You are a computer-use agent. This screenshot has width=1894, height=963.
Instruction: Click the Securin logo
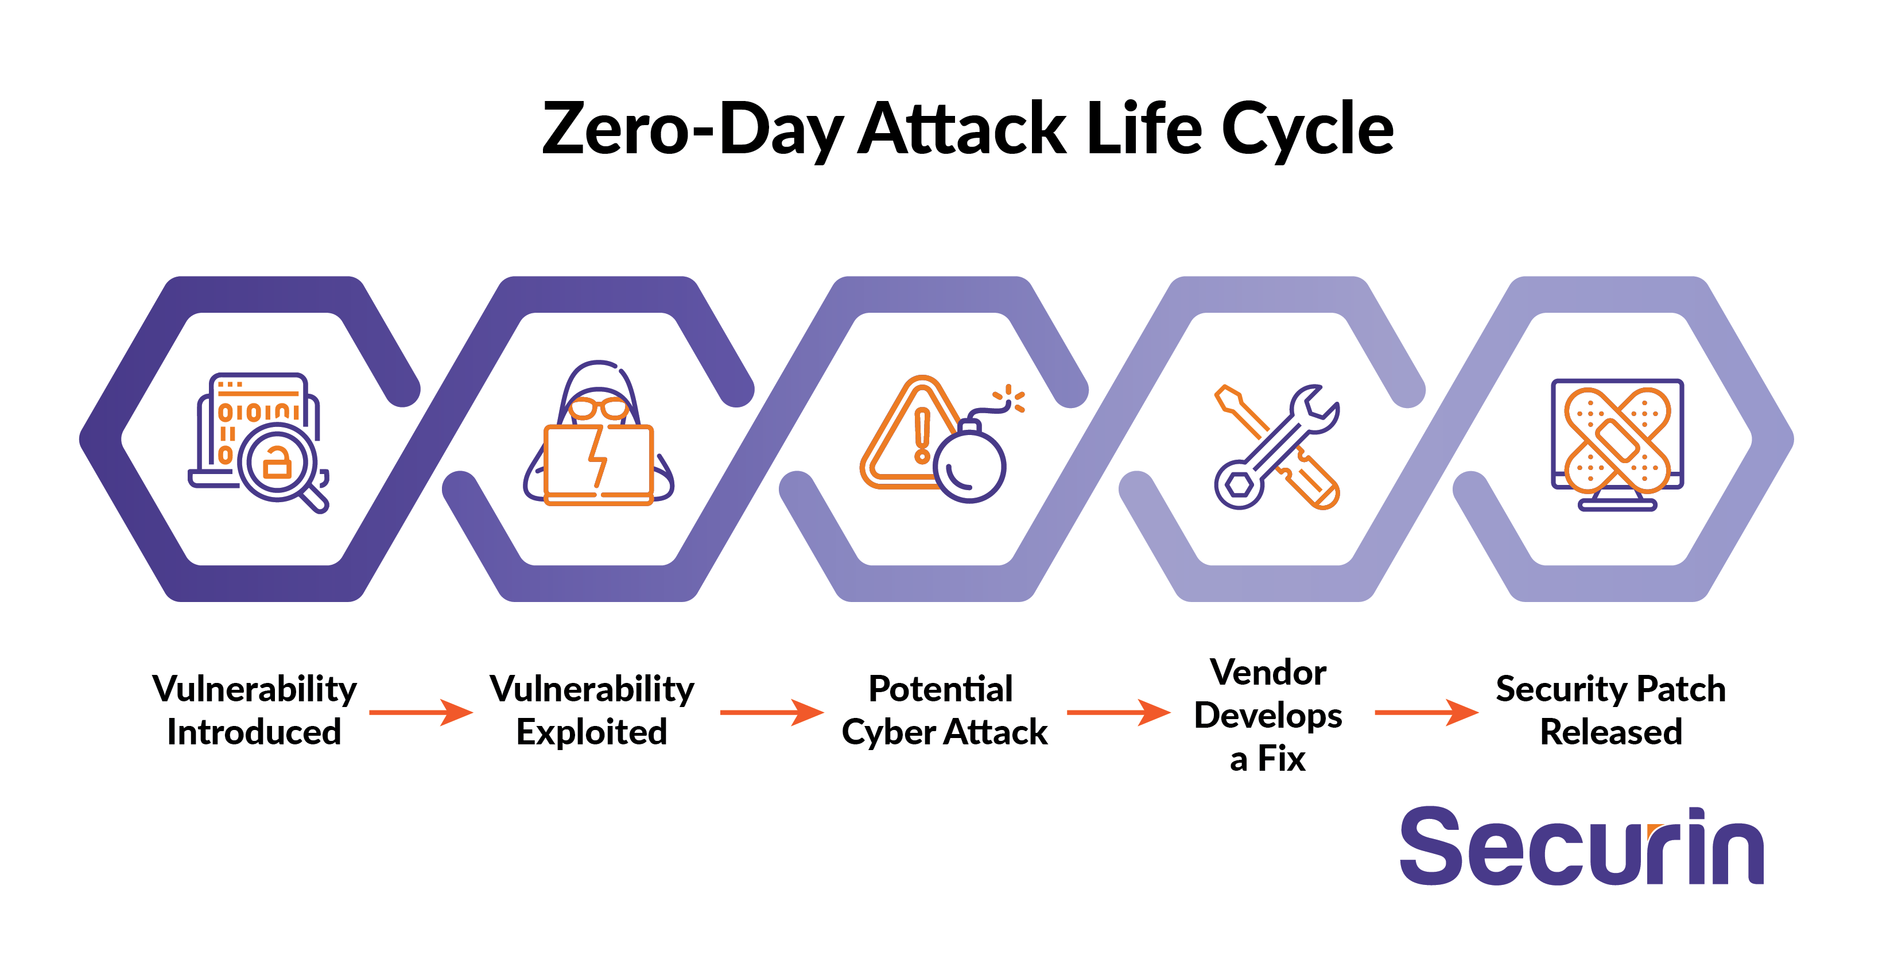click(x=1582, y=846)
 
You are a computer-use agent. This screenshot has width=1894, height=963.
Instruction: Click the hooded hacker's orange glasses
click(x=599, y=408)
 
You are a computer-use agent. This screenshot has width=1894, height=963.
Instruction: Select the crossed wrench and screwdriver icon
click(x=1277, y=447)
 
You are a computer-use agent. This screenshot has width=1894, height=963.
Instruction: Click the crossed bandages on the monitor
click(x=1617, y=440)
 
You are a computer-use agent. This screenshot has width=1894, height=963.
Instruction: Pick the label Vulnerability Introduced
click(x=254, y=710)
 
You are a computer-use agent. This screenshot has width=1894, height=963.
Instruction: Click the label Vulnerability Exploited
click(x=592, y=710)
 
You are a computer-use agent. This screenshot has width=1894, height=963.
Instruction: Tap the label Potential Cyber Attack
click(x=944, y=710)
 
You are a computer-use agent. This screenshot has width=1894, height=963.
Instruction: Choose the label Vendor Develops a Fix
click(x=1268, y=715)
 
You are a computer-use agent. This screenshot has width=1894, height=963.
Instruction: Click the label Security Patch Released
click(x=1611, y=710)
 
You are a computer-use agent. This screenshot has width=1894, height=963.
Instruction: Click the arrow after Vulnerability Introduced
click(x=421, y=712)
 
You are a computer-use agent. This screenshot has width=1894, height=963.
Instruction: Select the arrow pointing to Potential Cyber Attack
click(x=772, y=712)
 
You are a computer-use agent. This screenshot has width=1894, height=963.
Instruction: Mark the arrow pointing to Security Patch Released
click(x=1426, y=712)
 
